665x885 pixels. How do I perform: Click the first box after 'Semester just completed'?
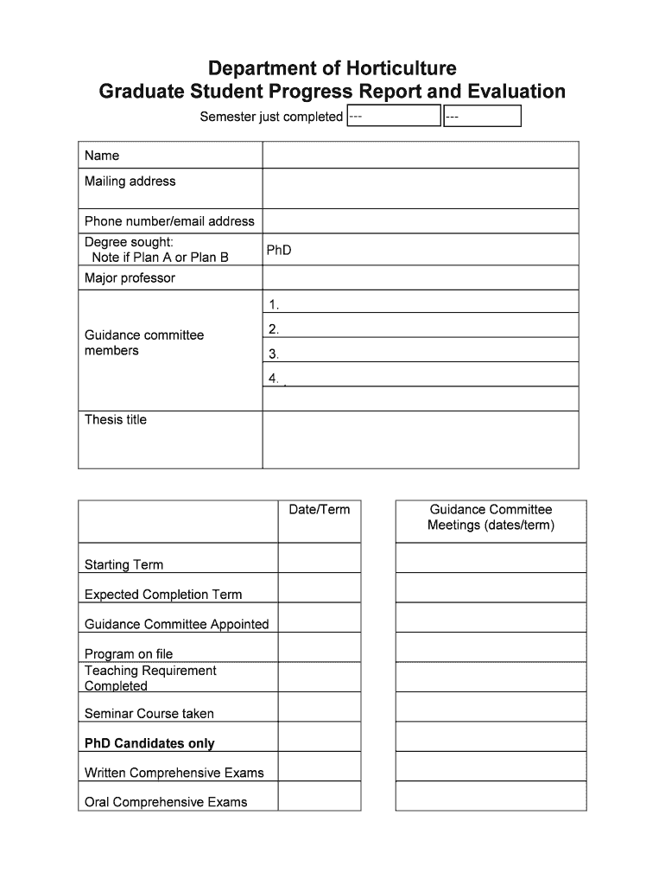(x=394, y=116)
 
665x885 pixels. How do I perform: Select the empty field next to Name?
(x=420, y=156)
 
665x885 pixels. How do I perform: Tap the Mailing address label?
(x=130, y=181)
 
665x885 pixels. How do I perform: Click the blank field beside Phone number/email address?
(x=420, y=221)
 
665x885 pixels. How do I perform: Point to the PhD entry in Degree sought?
(x=279, y=250)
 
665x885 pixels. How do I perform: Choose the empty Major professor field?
(x=420, y=278)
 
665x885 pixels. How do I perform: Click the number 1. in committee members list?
(x=274, y=304)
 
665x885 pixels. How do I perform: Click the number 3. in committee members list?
(x=274, y=353)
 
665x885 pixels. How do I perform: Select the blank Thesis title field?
(x=420, y=439)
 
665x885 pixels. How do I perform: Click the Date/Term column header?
(x=320, y=510)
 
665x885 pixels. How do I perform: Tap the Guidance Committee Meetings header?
(x=491, y=517)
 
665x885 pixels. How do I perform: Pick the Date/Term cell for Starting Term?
(x=320, y=558)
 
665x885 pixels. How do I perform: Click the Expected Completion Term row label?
(x=163, y=595)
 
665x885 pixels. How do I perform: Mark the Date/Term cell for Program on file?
(x=320, y=647)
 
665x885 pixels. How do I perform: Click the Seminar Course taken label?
(x=149, y=714)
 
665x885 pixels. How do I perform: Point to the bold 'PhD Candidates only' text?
(x=149, y=743)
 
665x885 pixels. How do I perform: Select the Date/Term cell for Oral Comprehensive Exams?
(x=320, y=796)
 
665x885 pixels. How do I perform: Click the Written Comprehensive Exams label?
(x=174, y=773)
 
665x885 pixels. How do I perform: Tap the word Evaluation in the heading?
(x=516, y=92)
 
